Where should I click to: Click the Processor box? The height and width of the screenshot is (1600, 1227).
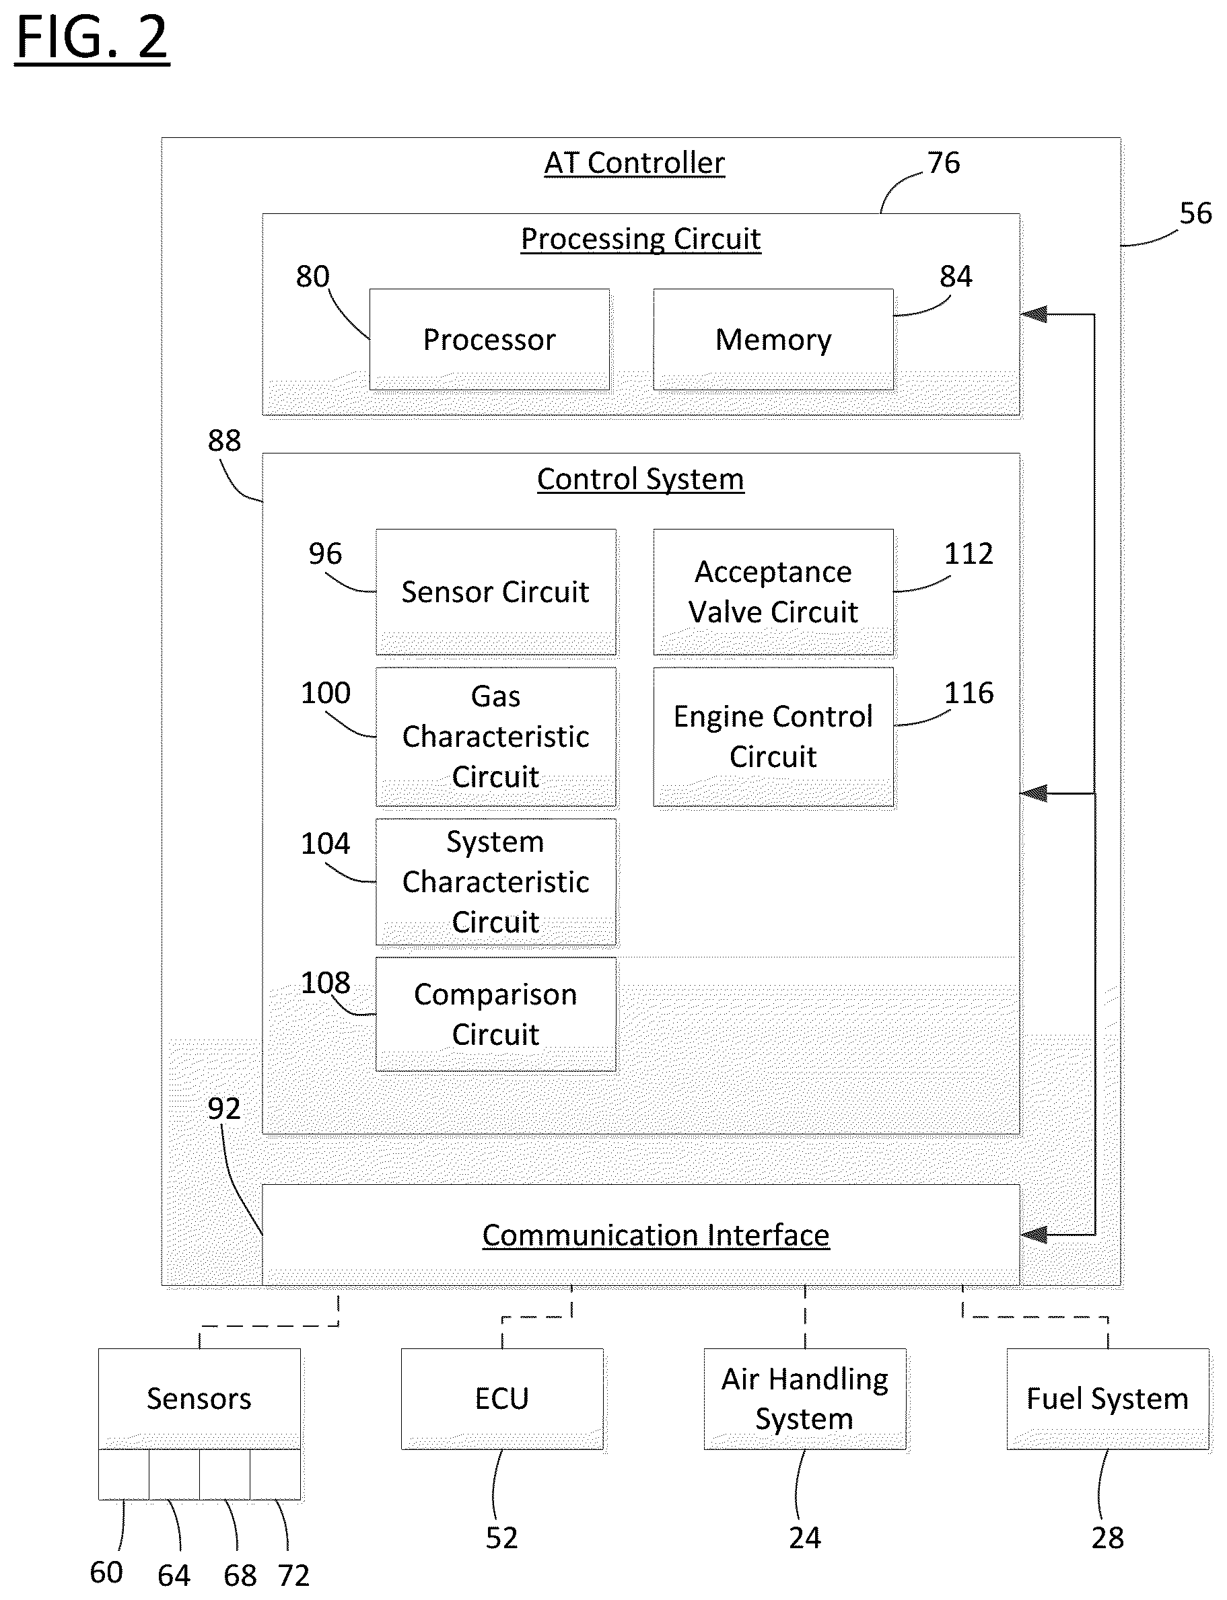[489, 339]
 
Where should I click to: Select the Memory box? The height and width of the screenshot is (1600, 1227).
[773, 339]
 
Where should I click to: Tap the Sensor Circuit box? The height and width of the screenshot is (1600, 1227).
[496, 592]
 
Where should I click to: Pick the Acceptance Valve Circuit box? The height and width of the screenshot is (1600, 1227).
[773, 592]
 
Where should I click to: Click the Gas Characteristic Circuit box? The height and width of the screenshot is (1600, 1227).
[496, 737]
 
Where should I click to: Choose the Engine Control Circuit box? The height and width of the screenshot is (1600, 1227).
[773, 737]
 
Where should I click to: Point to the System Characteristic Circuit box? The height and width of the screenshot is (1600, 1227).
[496, 882]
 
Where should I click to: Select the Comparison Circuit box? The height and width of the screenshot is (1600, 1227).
[496, 1015]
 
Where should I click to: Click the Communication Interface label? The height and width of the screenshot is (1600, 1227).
[656, 1235]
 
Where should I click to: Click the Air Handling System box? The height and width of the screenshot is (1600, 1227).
[805, 1399]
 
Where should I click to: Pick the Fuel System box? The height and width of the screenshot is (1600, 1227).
[1108, 1399]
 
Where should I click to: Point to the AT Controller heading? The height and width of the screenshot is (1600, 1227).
[635, 163]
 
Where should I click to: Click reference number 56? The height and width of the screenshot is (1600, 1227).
[1195, 213]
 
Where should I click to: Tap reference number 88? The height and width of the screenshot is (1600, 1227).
[224, 440]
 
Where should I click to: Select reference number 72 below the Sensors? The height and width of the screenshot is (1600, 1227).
[293, 1575]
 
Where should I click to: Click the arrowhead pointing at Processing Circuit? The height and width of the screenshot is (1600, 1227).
[1033, 315]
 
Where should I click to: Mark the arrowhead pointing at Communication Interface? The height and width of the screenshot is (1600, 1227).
[1033, 1235]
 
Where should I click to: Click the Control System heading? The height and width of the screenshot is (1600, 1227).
[641, 480]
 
